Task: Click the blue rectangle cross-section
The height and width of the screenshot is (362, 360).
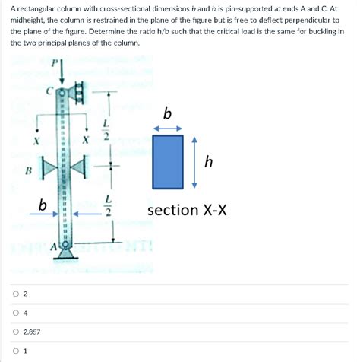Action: pos(167,163)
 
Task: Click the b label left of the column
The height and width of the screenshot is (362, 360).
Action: pos(43,204)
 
